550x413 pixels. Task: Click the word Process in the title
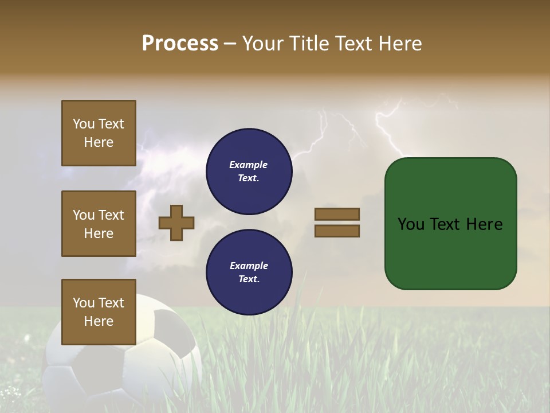[180, 44]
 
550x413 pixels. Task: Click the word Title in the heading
[309, 44]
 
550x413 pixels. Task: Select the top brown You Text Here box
[99, 133]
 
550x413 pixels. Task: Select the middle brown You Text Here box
[99, 224]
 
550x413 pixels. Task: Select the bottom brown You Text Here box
[99, 312]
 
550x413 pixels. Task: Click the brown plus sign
[176, 223]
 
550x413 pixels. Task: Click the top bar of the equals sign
[337, 214]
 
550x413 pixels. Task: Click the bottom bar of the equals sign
[337, 231]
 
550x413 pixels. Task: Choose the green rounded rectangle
[450, 252]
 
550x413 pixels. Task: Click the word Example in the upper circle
[248, 165]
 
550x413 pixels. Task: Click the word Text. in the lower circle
[249, 279]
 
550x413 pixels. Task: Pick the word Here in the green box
[485, 224]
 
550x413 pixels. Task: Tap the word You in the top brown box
[84, 124]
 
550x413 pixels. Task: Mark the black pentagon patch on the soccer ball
[172, 327]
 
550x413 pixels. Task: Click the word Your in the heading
[262, 44]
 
